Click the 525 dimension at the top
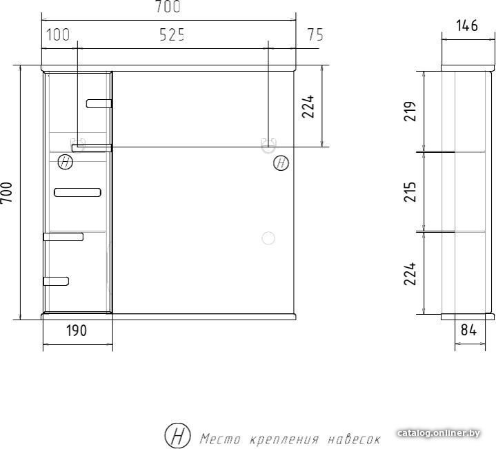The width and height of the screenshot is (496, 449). click(x=172, y=34)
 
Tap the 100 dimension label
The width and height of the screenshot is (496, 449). click(x=58, y=34)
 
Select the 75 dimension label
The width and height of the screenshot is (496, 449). click(x=315, y=34)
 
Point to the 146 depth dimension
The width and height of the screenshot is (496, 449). click(x=467, y=25)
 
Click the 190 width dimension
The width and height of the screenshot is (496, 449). click(x=77, y=331)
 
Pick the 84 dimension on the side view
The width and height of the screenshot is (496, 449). click(x=468, y=330)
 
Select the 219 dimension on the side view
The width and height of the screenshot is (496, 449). click(x=410, y=111)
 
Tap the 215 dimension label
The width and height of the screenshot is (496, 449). click(x=410, y=191)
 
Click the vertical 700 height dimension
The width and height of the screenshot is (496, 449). click(x=6, y=193)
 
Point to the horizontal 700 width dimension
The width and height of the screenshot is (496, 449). click(x=168, y=6)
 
